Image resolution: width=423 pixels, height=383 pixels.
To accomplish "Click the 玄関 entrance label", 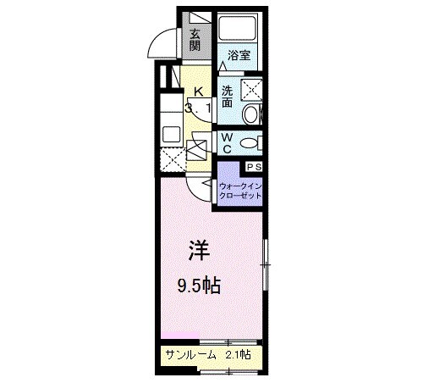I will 195,40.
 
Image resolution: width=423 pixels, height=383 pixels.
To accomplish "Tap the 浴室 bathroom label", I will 239,57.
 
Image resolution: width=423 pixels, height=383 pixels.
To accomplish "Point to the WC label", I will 228,142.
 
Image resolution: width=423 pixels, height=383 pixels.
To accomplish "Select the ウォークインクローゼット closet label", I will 240,191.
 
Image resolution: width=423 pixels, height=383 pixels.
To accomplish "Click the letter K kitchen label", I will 199,92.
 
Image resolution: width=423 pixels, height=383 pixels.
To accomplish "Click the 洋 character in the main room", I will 199,251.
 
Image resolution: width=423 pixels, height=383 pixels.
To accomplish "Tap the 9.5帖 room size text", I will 199,286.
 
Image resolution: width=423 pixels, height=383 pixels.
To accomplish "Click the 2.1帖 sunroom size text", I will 239,354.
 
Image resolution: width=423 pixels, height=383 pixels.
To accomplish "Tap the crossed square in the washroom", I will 251,88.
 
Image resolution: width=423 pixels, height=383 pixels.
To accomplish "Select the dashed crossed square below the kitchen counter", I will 168,159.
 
